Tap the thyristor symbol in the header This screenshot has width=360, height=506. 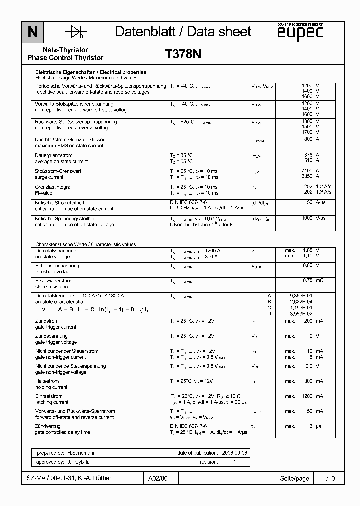pyautogui.click(x=76, y=32)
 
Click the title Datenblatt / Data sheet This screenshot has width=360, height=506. pyautogui.click(x=183, y=32)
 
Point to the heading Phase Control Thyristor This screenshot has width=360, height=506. pyautogui.click(x=65, y=58)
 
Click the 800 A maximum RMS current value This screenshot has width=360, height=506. pyautogui.click(x=308, y=139)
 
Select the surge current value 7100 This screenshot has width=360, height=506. pyautogui.click(x=307, y=171)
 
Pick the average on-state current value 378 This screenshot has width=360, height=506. pyautogui.click(x=308, y=155)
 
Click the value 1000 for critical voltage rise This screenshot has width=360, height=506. pyautogui.click(x=307, y=218)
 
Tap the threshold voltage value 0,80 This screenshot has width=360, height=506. pyautogui.click(x=308, y=265)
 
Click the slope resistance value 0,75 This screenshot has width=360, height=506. pyautogui.click(x=308, y=280)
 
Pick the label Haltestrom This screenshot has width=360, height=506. pyautogui.click(x=47, y=381)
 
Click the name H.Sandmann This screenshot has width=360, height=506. pyautogui.click(x=82, y=453)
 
